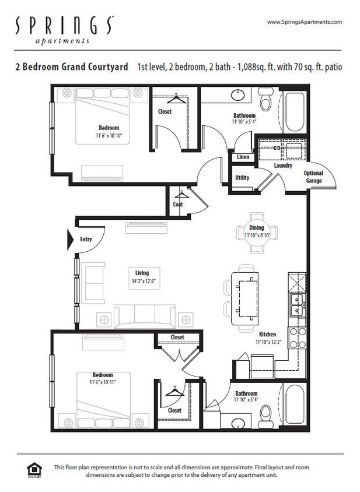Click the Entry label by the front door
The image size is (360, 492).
pos(86,240)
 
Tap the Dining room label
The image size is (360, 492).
pos(256,228)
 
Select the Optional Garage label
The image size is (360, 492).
pos(313,177)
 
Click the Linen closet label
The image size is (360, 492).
pos(243,157)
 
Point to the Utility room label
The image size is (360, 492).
pos(242,177)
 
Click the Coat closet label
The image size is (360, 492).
pos(178,205)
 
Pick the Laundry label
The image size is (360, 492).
pos(283,166)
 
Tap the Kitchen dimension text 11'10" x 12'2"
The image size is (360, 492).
pos(268,342)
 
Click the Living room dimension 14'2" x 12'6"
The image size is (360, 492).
pos(142,280)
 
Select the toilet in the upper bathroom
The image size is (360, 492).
pos(266,100)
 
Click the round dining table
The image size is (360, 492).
pos(256,232)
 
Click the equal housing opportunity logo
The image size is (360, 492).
pos(34,470)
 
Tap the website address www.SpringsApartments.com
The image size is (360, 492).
pos(304,22)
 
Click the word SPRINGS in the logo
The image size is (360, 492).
pos(64,25)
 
